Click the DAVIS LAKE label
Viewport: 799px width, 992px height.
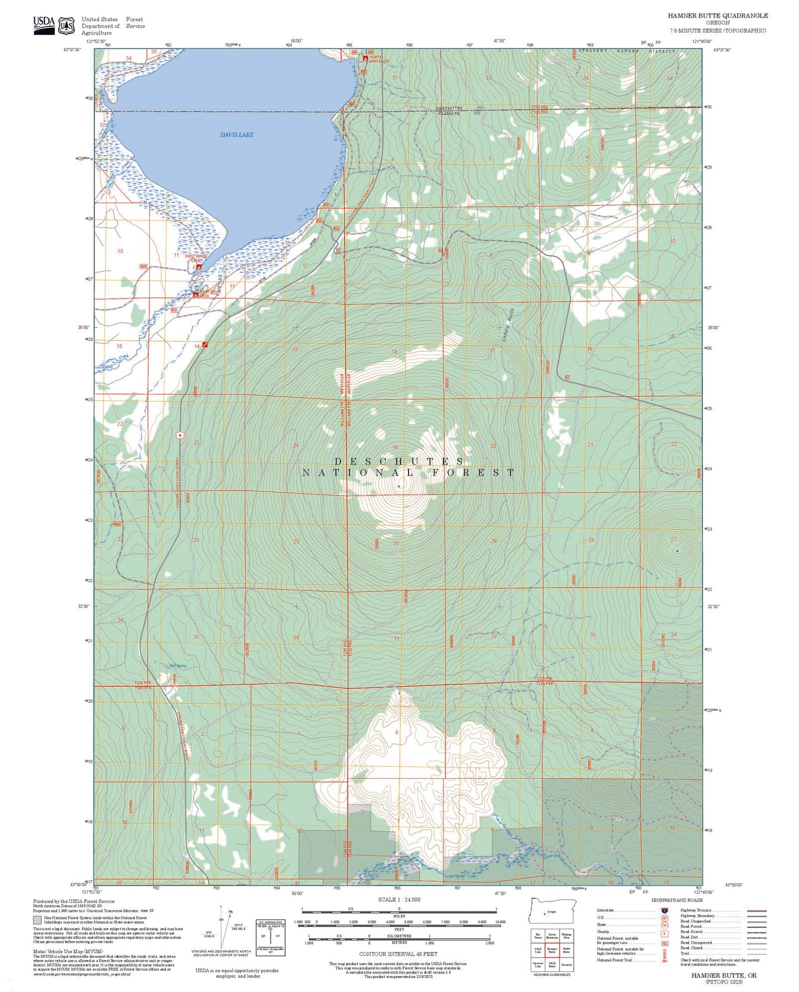[x=237, y=135]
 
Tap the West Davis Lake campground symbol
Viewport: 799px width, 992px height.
[x=199, y=267]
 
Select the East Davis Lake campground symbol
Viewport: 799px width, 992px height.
[x=195, y=295]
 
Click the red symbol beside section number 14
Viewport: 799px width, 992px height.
[x=205, y=344]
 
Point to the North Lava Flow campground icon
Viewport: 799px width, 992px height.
[x=365, y=58]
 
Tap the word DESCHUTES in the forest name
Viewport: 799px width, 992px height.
[x=399, y=461]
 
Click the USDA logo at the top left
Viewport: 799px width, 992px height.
[x=44, y=24]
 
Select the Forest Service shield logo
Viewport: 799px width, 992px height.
[x=67, y=25]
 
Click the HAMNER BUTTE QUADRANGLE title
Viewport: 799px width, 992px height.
[x=717, y=15]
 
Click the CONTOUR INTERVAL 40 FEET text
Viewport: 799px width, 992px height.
[x=398, y=954]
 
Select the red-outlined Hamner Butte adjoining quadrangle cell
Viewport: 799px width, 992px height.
[x=551, y=950]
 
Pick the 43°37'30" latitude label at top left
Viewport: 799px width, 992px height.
[x=73, y=50]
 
